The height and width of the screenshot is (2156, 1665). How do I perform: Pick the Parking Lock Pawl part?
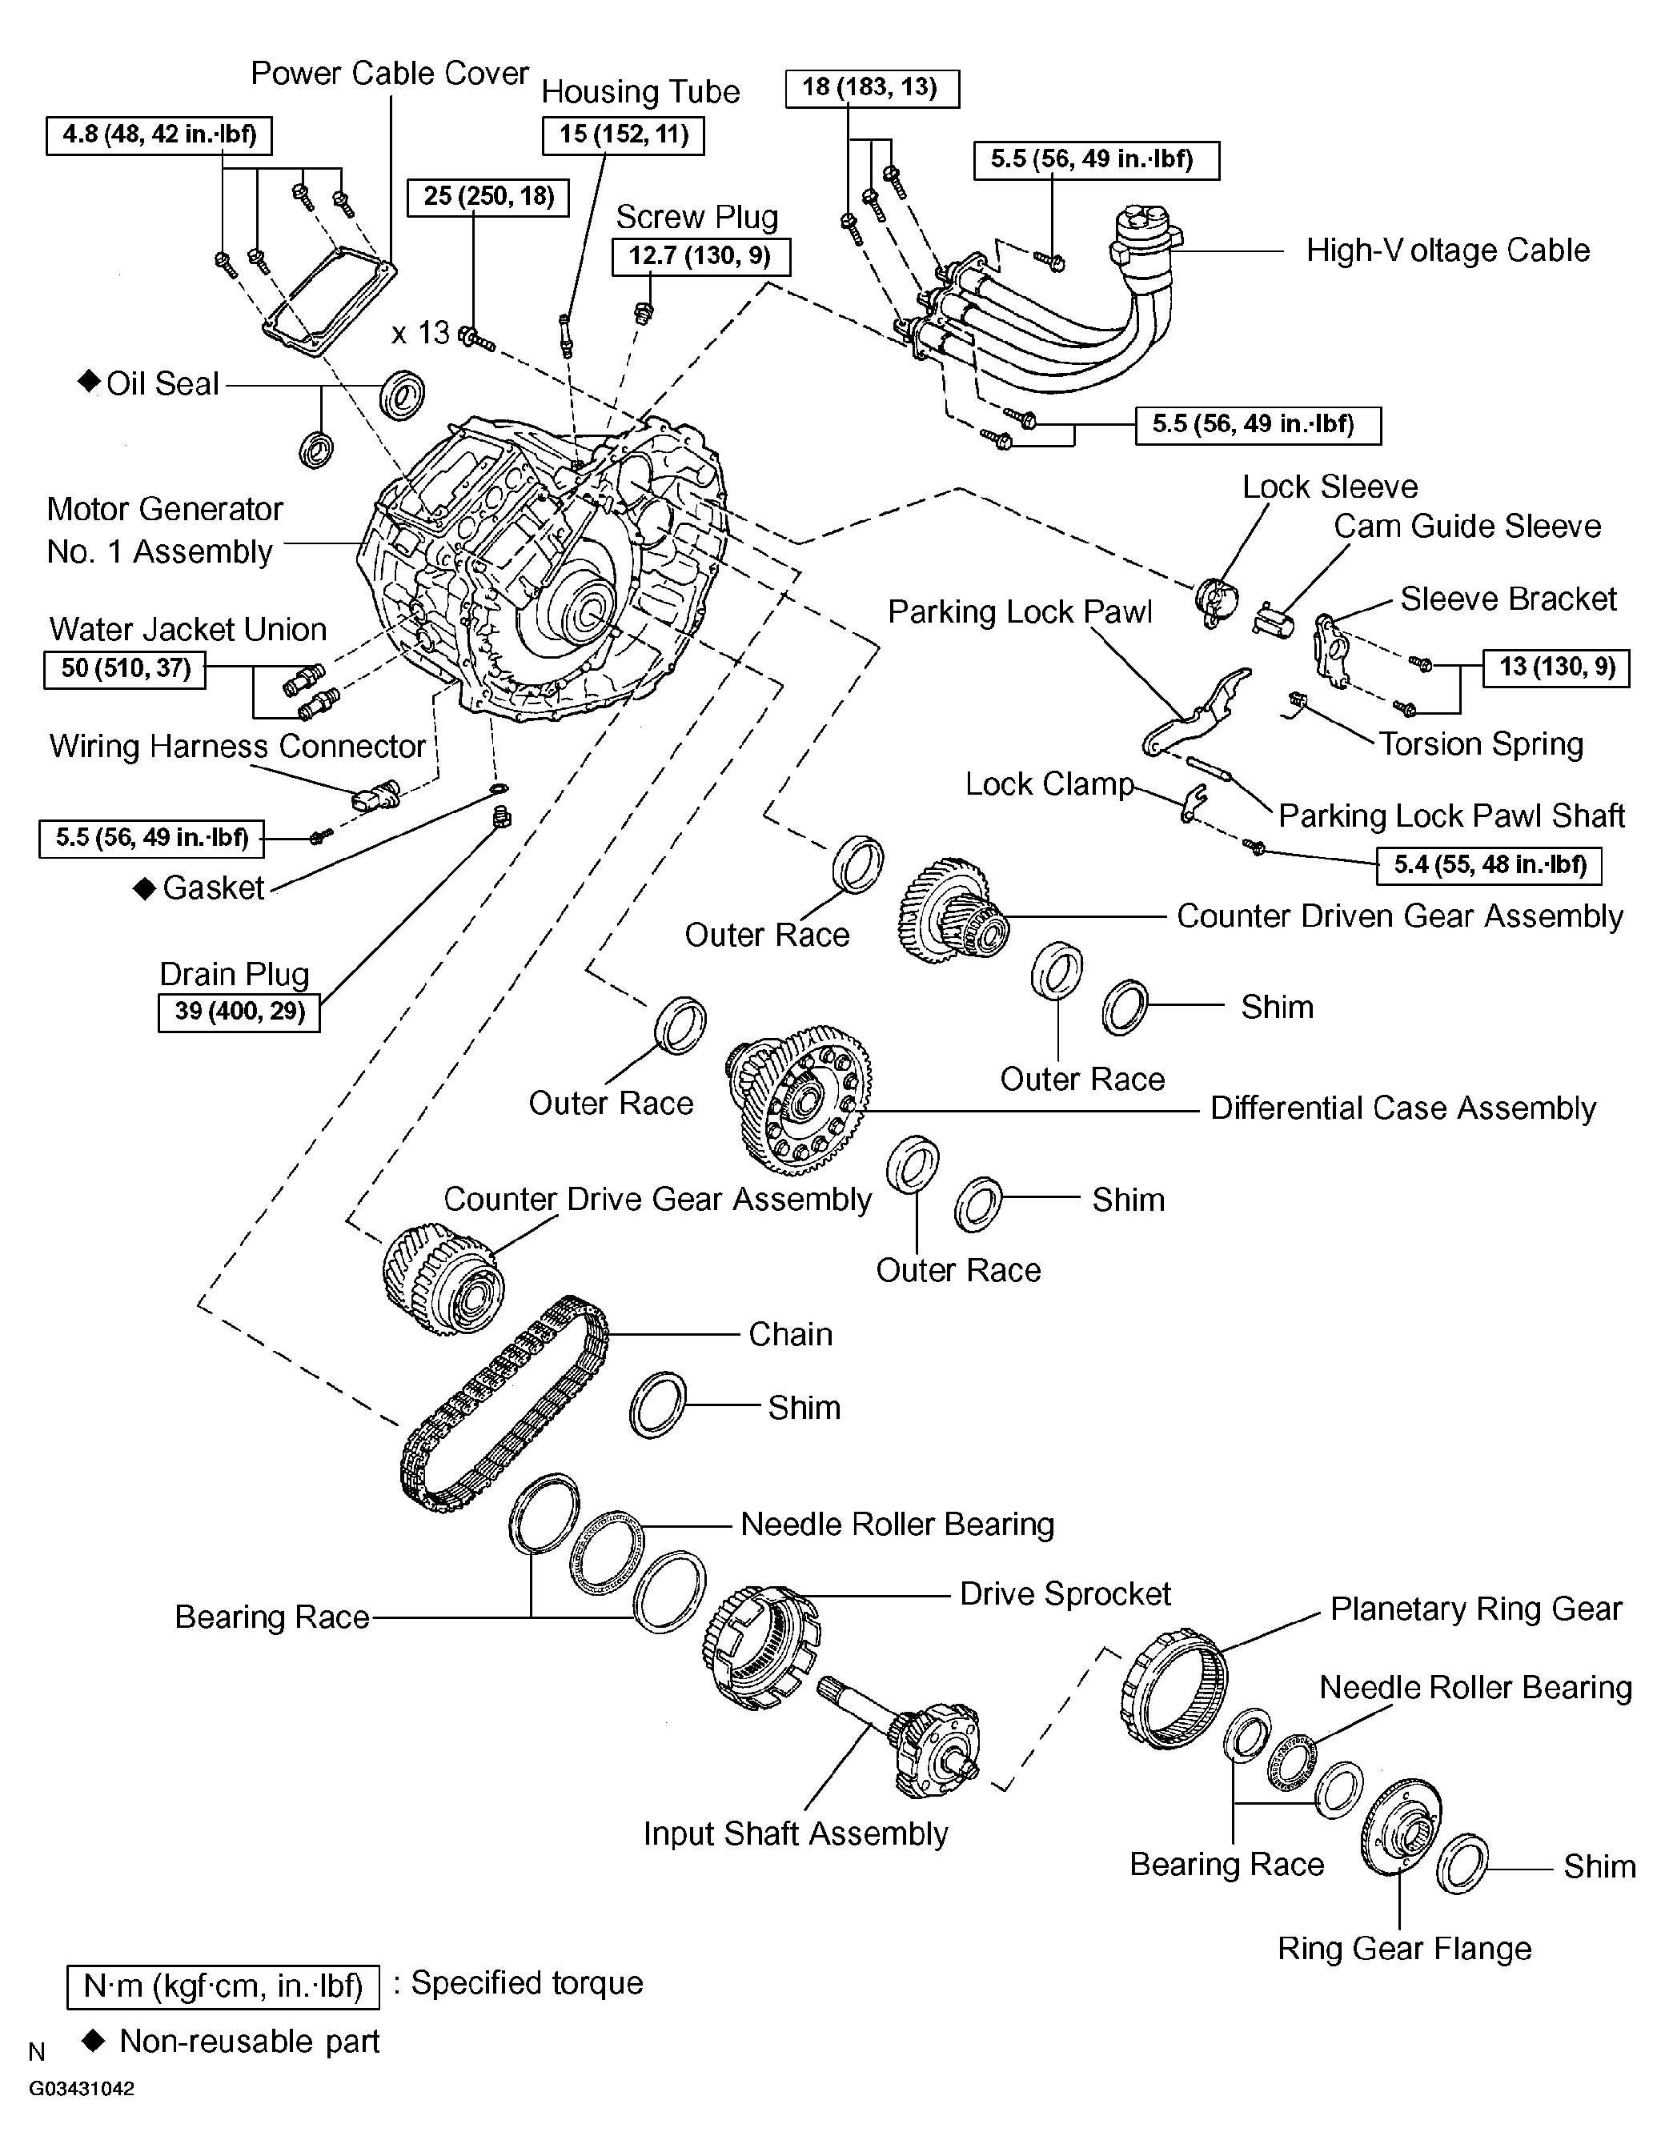(1197, 711)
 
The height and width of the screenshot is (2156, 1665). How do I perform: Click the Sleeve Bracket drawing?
(1332, 650)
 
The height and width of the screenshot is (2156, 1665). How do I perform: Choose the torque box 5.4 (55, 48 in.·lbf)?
(1488, 866)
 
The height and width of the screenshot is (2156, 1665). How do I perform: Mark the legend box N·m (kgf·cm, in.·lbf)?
(223, 1986)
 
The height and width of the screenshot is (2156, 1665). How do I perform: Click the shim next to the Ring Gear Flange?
(1462, 1865)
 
